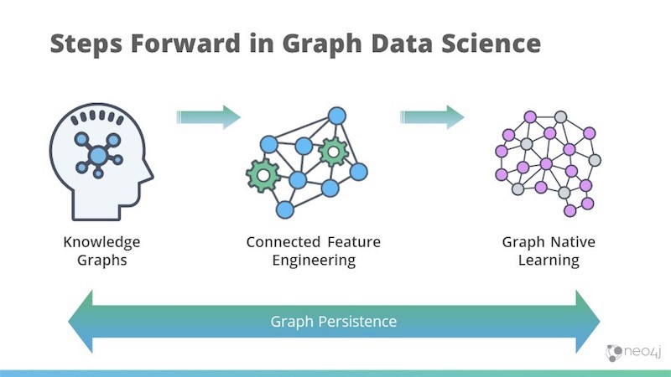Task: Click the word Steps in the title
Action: [86, 44]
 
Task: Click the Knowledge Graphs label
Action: [101, 250]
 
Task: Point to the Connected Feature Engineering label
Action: [314, 250]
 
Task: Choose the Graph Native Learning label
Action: [549, 250]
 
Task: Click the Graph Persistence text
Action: [333, 322]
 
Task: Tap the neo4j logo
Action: [634, 352]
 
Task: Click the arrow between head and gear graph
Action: [208, 116]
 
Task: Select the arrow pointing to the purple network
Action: [432, 116]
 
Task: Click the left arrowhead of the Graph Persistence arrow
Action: [81, 322]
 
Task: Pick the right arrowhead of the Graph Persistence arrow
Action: [588, 322]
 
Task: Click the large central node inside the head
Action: [98, 155]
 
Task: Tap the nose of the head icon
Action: [149, 174]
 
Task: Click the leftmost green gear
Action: [263, 175]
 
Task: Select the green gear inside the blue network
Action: [333, 152]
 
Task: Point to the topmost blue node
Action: [337, 116]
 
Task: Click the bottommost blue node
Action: [285, 210]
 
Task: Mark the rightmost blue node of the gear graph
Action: [359, 172]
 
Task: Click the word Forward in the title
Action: [185, 44]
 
